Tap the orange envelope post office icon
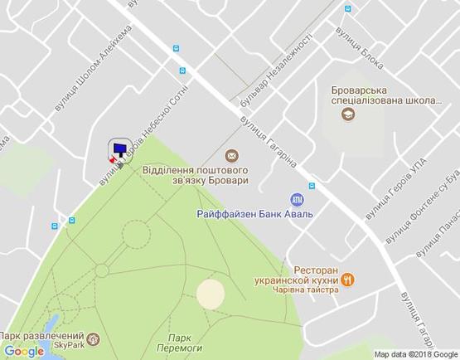pos(231,155)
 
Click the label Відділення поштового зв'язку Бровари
pos(196,174)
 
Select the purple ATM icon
pos(297,199)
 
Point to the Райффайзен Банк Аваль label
pos(254,214)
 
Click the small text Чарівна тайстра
pos(315,290)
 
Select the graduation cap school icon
pos(348,114)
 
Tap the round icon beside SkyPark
pos(93,338)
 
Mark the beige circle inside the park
pos(211,293)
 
